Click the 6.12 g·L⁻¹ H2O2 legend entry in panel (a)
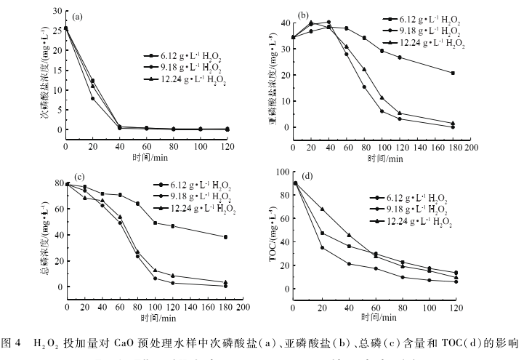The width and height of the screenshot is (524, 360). (182, 55)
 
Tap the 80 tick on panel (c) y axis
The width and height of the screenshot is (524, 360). (57, 184)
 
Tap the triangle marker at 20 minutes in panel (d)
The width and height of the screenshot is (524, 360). (323, 209)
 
